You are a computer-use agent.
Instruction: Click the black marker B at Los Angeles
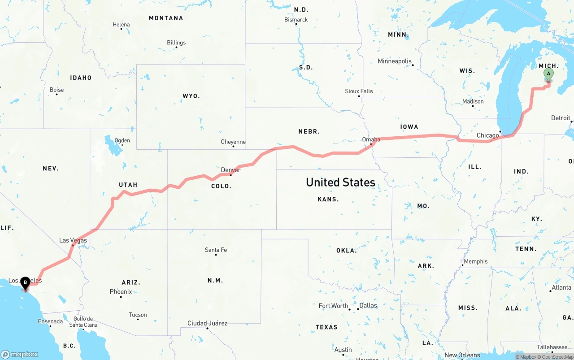(x=26, y=283)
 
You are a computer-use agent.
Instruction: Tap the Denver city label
(x=230, y=170)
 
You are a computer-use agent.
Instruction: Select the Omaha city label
(x=371, y=139)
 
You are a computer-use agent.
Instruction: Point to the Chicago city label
(x=487, y=135)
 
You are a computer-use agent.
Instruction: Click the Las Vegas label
(x=73, y=240)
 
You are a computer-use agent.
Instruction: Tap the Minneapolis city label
(x=394, y=61)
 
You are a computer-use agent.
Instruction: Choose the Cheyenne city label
(x=233, y=142)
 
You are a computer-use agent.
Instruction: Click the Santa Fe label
(x=216, y=250)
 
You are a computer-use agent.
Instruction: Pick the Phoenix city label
(x=121, y=292)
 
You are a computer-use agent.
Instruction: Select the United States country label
(x=340, y=182)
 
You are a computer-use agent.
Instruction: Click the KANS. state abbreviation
(x=328, y=199)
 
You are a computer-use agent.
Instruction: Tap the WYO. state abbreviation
(x=191, y=96)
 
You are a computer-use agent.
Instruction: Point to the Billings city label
(x=176, y=43)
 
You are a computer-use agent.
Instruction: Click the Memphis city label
(x=476, y=261)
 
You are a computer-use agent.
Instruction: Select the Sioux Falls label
(x=359, y=91)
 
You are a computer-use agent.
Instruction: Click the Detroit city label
(x=561, y=118)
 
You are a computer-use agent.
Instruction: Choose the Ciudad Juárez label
(x=207, y=323)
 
